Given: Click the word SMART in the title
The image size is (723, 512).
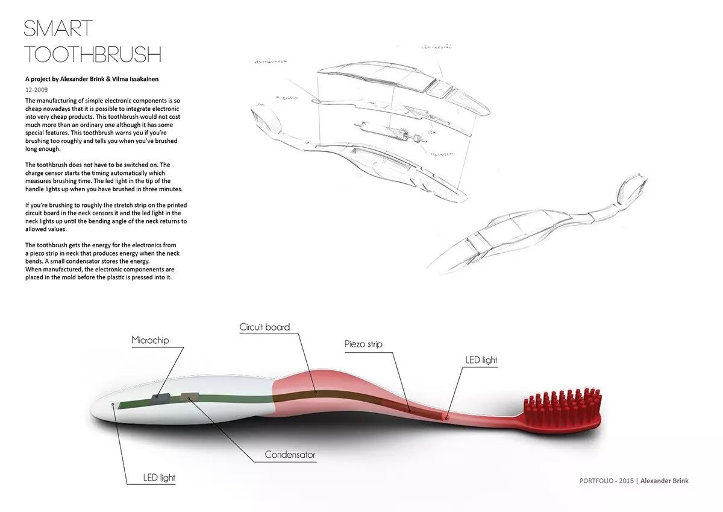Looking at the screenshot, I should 58,28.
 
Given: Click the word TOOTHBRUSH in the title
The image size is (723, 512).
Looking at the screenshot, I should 93,54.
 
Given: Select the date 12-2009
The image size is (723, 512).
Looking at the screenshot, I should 37,89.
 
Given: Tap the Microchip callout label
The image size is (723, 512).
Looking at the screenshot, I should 150,340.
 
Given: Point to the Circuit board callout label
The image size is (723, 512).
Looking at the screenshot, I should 264,327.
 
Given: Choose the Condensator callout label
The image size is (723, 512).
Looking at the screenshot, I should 290,455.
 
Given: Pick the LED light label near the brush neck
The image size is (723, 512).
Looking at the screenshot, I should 481,360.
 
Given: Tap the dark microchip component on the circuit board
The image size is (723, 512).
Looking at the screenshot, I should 160,396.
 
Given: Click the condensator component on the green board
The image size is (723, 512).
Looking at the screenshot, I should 189,396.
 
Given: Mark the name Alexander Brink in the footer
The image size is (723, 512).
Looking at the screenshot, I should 664,481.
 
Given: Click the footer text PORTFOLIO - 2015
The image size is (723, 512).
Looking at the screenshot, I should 606,481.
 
